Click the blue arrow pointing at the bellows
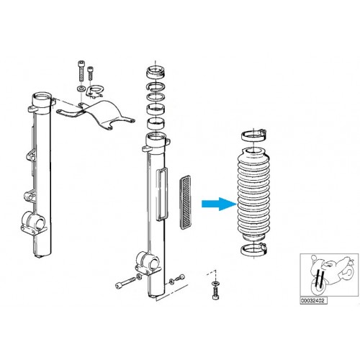[219, 204]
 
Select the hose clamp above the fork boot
[254, 135]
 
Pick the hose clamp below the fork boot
[254, 250]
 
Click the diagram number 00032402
[312, 300]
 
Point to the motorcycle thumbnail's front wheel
[319, 286]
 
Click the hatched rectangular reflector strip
[185, 202]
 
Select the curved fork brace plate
[96, 114]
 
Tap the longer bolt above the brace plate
[81, 71]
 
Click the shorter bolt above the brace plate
[90, 73]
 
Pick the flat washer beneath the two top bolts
[81, 89]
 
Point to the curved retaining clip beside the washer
[94, 91]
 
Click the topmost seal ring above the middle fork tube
[156, 72]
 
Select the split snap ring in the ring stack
[156, 86]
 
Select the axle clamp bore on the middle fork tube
[152, 264]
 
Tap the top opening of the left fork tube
[42, 99]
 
